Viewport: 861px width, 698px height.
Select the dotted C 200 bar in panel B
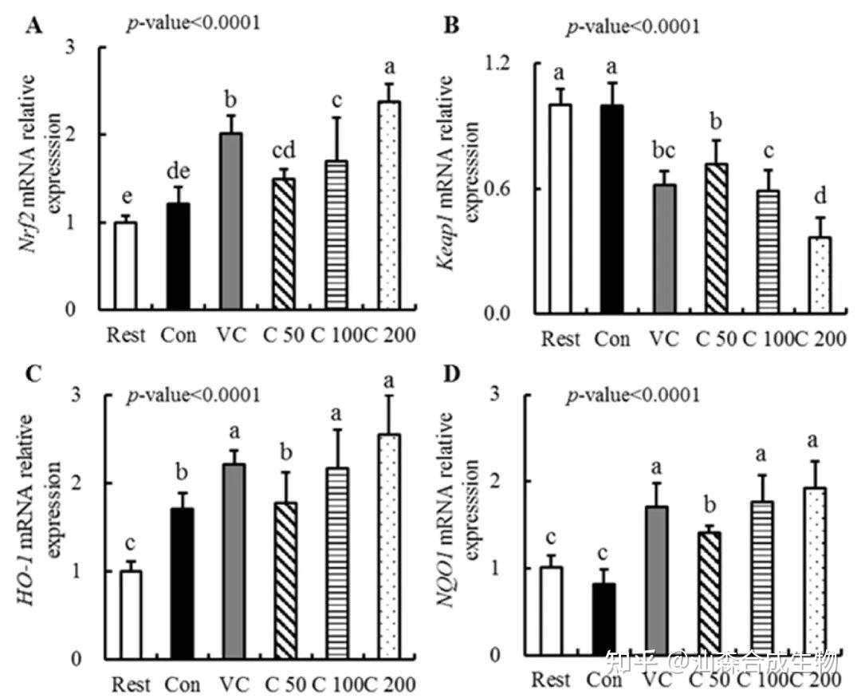pos(816,274)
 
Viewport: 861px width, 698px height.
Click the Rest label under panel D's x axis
pos(550,680)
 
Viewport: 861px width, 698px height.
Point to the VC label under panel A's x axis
pos(231,334)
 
